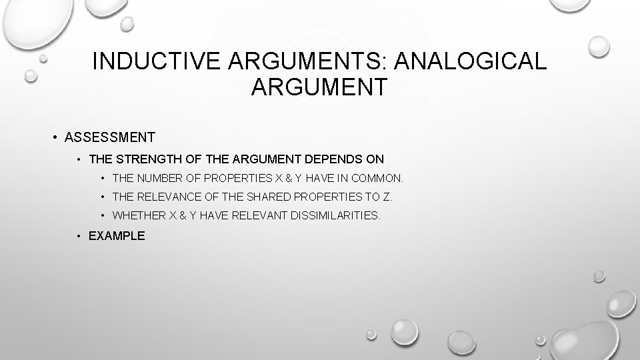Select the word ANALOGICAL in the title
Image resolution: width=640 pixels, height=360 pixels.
[x=471, y=61]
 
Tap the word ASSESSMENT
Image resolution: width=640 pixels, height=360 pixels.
[x=110, y=138]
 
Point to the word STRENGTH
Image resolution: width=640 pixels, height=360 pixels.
[x=151, y=159]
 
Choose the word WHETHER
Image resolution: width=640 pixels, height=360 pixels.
[x=139, y=216]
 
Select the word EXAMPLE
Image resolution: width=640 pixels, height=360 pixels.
[x=117, y=235]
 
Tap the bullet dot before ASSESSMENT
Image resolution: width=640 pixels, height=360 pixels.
[x=53, y=138]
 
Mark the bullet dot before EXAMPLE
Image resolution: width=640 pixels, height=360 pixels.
[x=79, y=235]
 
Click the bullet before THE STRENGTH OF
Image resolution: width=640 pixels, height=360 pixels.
[x=79, y=159]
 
